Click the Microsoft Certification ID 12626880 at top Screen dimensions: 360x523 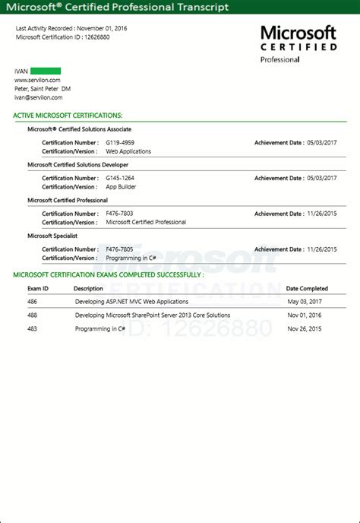[x=85, y=36]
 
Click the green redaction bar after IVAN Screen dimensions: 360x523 [x=46, y=71]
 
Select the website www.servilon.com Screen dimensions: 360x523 [x=37, y=80]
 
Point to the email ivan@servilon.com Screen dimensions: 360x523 [x=38, y=97]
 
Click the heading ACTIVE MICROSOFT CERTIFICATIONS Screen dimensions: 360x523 [x=68, y=116]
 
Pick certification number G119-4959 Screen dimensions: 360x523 [x=120, y=142]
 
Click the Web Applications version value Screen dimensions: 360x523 [x=128, y=151]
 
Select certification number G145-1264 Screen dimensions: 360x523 [x=120, y=178]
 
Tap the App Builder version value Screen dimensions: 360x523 [x=122, y=187]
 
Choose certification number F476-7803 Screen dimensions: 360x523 [x=119, y=214]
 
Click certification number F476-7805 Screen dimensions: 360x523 [x=119, y=249]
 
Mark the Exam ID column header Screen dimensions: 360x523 [x=38, y=289]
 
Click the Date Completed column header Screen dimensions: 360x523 [x=307, y=289]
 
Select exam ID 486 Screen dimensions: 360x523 [x=32, y=302]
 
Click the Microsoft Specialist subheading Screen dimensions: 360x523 [x=52, y=236]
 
